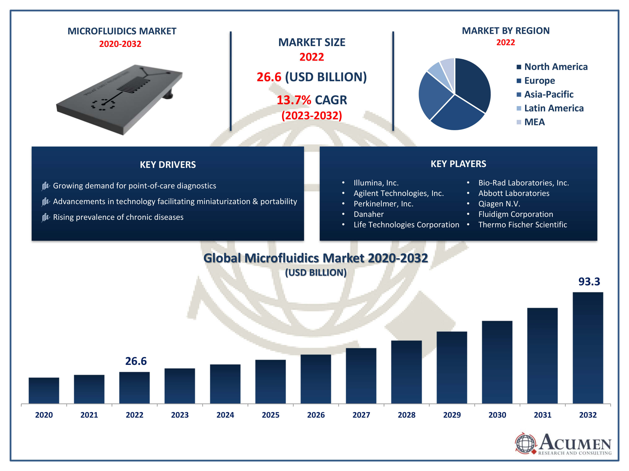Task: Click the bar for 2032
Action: [x=587, y=347]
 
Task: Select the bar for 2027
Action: [x=361, y=375]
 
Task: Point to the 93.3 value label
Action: [x=589, y=281]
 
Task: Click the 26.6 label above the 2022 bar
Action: [x=136, y=361]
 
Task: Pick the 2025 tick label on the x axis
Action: [x=270, y=415]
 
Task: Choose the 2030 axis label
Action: [x=497, y=415]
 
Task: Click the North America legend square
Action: [x=519, y=67]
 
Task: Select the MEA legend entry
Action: [x=534, y=122]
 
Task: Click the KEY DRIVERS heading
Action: [x=168, y=165]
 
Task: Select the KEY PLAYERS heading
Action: [x=458, y=164]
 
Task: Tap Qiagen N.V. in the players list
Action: [x=499, y=203]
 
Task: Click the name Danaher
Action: [x=369, y=214]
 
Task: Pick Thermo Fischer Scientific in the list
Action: [x=522, y=225]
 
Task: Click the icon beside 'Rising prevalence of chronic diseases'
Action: [x=45, y=217]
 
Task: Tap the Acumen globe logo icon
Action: [x=525, y=443]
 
